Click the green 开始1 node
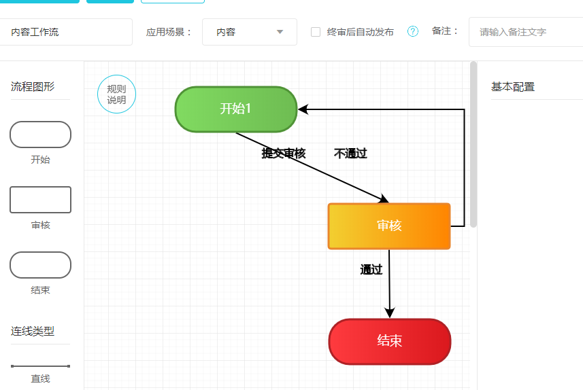point(236,109)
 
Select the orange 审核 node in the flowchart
point(389,226)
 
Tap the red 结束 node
point(389,341)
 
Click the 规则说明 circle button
point(116,94)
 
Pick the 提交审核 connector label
point(284,154)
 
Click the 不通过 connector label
point(350,154)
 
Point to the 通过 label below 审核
point(371,270)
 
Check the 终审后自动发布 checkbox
point(316,32)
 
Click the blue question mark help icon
point(412,31)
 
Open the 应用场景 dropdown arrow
point(280,32)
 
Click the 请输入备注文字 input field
point(524,32)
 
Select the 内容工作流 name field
point(65,32)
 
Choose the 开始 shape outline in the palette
point(40,135)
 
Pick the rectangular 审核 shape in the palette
point(40,200)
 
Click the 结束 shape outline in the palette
point(40,265)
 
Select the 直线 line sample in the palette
point(40,366)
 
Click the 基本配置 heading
point(513,87)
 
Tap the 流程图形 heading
point(33,87)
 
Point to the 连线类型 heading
point(33,332)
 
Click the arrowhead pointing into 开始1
point(303,109)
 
